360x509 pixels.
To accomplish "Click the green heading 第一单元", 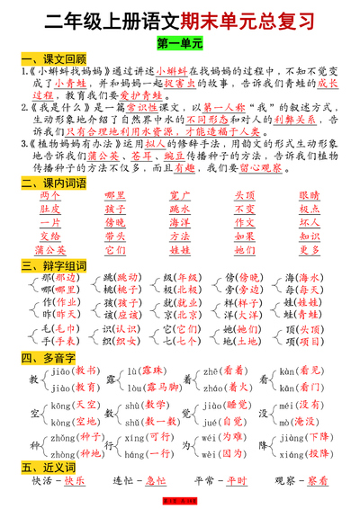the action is (179, 42).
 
